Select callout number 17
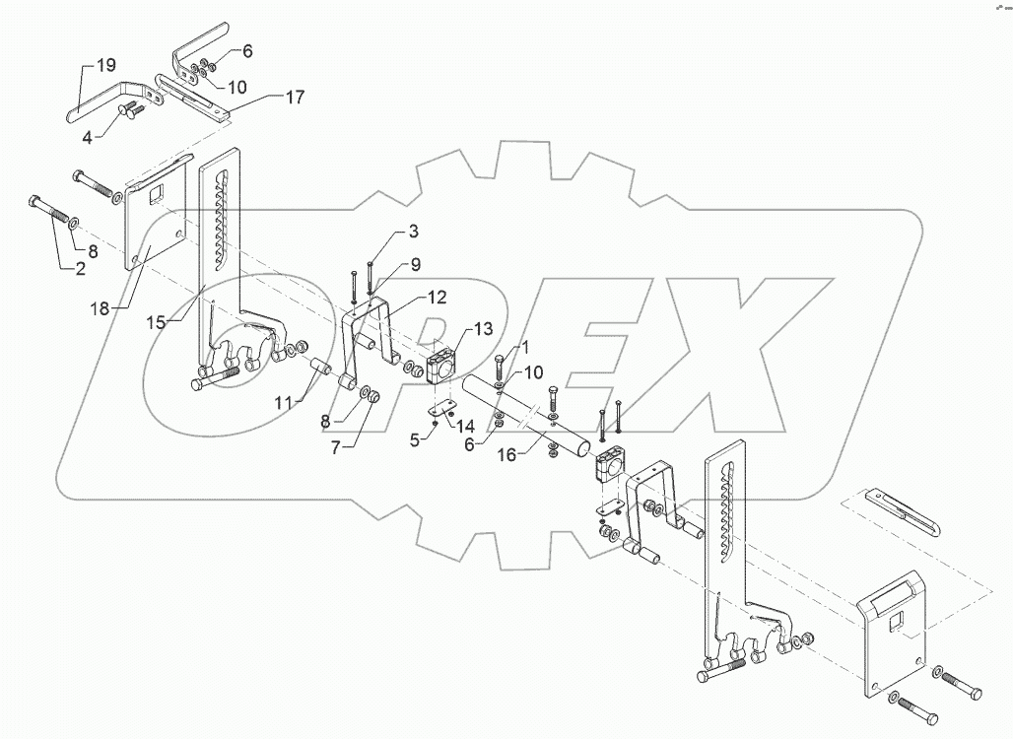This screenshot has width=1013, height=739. pos(295,97)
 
